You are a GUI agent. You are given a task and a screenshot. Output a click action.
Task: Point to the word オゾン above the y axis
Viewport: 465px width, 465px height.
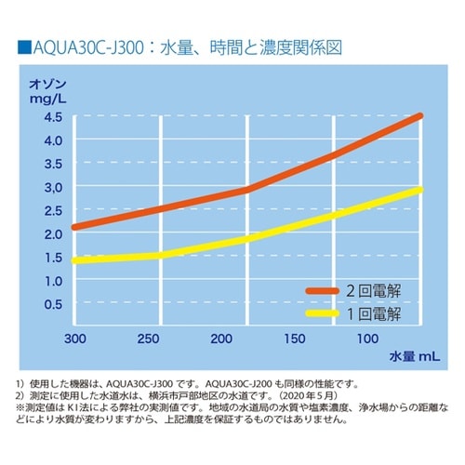[51, 82]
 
